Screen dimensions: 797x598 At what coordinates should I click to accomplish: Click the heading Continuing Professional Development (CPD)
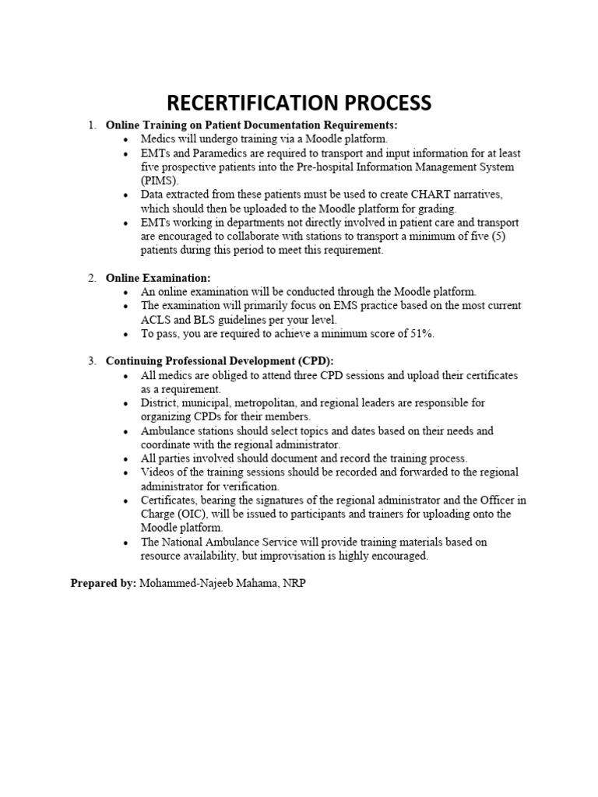(220, 361)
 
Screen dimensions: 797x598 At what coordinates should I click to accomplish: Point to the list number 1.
(91, 125)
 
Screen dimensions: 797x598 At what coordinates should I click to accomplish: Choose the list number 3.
(91, 361)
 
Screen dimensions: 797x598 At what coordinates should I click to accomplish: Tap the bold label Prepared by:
(103, 583)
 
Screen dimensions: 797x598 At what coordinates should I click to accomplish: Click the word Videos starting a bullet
(157, 472)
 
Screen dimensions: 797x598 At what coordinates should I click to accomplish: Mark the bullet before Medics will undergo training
(126, 139)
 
